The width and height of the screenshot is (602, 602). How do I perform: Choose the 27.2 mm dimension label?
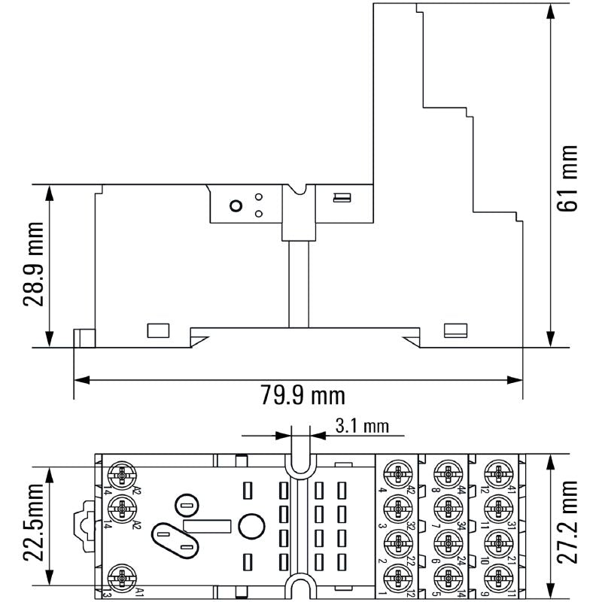[569, 521]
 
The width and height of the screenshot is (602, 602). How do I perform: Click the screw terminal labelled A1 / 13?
[120, 579]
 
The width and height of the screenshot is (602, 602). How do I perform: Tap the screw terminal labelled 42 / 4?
[397, 475]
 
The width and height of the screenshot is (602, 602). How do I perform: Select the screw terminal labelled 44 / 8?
[445, 475]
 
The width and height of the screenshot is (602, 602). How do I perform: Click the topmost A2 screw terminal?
[120, 475]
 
